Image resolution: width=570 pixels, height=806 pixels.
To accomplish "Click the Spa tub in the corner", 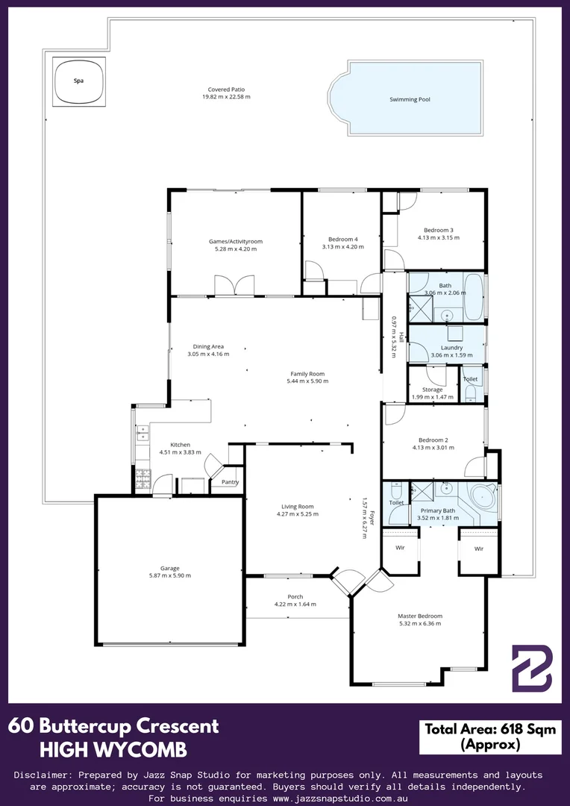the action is [78, 81].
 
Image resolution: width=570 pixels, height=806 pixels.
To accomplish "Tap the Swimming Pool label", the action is [410, 99].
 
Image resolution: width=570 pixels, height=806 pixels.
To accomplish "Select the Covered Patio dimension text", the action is [226, 96].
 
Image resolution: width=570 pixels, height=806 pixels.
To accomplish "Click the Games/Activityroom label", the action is [236, 241].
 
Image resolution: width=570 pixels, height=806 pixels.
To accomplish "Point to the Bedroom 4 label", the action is [343, 239].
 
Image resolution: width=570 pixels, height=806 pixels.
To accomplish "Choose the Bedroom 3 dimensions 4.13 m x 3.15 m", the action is [439, 237].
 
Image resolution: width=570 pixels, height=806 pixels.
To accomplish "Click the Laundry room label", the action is [445, 348].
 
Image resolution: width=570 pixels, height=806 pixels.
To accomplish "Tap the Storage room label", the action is [432, 390].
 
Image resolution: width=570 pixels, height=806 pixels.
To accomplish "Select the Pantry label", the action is [229, 482].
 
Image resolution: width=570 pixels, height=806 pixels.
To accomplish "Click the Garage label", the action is [169, 568].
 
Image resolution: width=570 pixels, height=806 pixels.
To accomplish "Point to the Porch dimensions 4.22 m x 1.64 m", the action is [295, 604].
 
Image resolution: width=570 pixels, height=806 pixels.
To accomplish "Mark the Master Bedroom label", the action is [420, 616].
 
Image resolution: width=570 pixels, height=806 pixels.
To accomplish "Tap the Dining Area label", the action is [208, 346].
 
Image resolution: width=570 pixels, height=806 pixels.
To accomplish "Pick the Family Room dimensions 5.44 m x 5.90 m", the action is [307, 381].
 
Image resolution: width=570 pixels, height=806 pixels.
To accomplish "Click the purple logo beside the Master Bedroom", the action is [532, 668].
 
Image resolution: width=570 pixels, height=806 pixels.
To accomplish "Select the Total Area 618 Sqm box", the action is [490, 737].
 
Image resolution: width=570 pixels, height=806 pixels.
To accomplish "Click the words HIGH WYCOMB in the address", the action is [113, 751].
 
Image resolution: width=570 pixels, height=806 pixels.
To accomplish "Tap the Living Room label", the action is [298, 506].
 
